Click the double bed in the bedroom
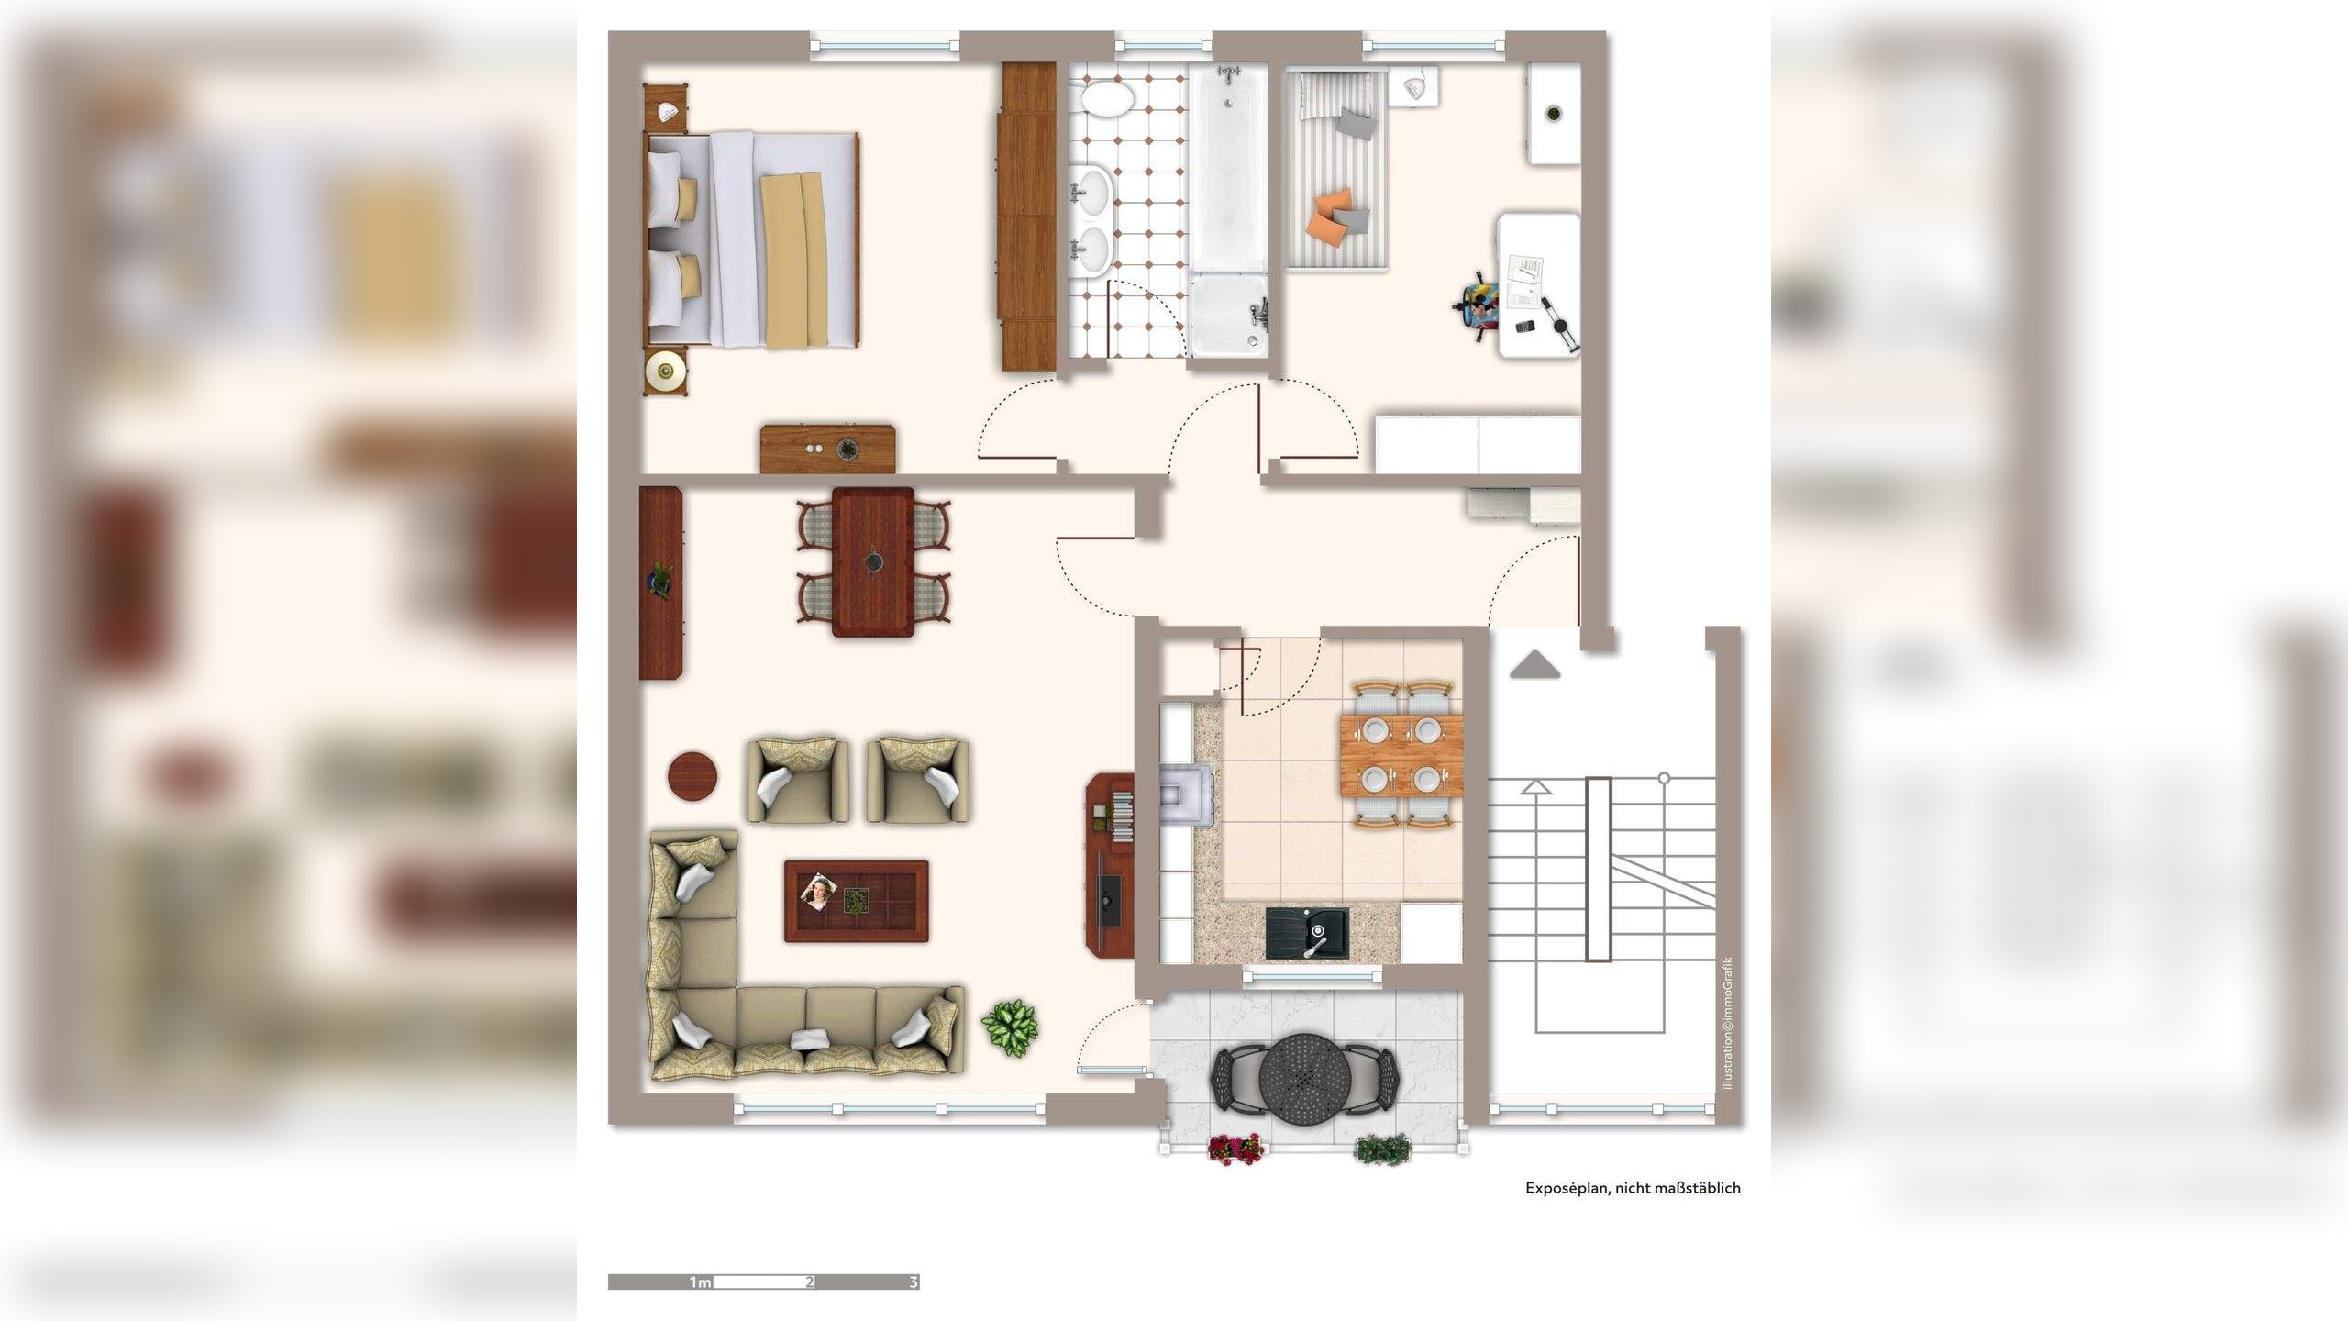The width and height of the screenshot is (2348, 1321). click(752, 240)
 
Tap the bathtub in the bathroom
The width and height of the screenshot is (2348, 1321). click(1228, 170)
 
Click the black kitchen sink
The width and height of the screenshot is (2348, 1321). click(1306, 933)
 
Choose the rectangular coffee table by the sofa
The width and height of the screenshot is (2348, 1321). click(856, 900)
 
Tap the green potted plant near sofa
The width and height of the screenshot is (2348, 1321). click(1010, 1027)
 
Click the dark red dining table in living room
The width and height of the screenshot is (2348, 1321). click(872, 561)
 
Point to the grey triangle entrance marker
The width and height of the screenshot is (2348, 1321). click(1534, 665)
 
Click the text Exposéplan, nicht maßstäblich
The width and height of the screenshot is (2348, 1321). click(1633, 1188)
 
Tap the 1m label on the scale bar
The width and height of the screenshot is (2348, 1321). click(700, 1282)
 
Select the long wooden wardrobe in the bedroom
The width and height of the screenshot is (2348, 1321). click(1027, 216)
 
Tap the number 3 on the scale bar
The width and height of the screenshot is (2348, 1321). click(913, 1282)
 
